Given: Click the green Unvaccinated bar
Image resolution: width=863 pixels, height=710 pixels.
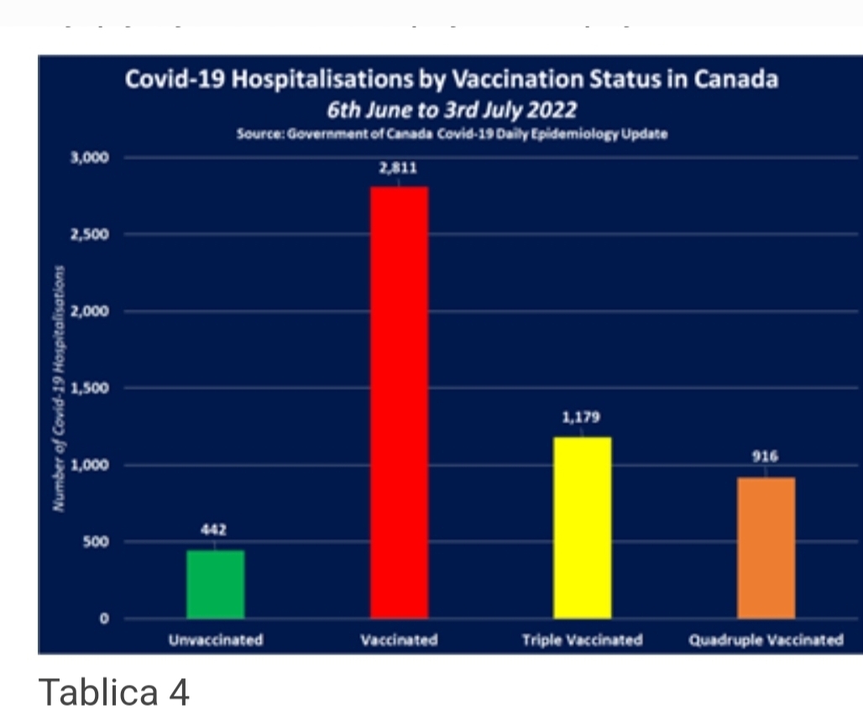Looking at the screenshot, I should coord(216,584).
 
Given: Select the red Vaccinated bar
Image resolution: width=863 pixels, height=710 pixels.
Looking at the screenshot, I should coord(399,403).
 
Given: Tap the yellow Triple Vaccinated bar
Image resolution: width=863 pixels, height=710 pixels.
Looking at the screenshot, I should coord(583,527).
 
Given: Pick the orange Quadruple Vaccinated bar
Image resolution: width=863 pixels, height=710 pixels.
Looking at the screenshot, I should coord(766,547).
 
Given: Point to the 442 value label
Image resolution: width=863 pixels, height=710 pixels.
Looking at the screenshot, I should coord(213,530).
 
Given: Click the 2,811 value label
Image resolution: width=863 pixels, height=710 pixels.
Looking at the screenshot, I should coord(399,168).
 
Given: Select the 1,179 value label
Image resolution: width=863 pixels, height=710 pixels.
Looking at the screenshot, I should coord(582,417).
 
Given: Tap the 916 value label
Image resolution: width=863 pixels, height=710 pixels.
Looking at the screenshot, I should coord(765,457).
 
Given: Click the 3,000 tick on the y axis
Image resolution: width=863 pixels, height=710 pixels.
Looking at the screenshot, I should coord(91,157).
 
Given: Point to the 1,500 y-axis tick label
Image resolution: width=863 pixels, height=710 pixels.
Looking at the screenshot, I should coord(91,389).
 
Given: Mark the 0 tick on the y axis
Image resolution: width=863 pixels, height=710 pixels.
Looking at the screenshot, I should coord(104,619).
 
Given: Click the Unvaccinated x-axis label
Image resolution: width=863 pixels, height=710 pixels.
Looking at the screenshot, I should coord(216,640).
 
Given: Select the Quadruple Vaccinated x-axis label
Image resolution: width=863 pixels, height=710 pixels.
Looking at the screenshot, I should coord(766,640).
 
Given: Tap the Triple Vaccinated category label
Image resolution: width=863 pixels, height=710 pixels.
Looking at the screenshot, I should coord(582,640).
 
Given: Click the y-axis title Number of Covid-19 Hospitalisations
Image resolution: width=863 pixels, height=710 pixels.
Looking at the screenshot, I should coord(59,388).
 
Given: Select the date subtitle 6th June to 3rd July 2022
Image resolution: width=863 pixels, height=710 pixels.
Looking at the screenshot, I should coord(452,111).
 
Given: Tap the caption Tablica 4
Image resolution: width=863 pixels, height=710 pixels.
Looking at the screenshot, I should coord(114,692).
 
